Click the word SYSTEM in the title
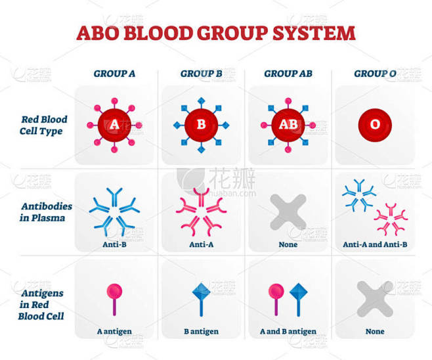pos(314,33)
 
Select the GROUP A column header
pos(114,74)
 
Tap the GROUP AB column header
pos(288,74)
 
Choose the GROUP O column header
pos(375,74)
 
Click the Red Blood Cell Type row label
pos(43,125)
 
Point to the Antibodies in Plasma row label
pos(46,212)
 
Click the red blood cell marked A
pos(114,125)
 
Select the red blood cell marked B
pos(201,125)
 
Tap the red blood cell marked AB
pos(288,125)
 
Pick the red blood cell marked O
pos(375,125)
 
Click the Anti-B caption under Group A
pos(114,244)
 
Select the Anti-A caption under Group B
pos(201,244)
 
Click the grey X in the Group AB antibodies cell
pos(288,212)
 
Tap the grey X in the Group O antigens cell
pos(375,299)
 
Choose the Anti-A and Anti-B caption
pos(375,244)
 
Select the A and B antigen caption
pos(288,331)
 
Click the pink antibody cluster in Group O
pos(391,219)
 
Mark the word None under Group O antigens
pos(375,331)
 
